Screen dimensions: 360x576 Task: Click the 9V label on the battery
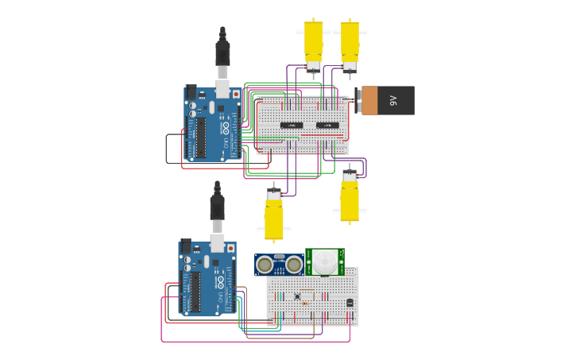click(x=393, y=101)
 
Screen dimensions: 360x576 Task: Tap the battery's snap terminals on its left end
click(x=359, y=100)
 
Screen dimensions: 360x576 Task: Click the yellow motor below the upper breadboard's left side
click(x=274, y=216)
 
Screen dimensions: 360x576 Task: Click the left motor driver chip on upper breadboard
click(x=291, y=125)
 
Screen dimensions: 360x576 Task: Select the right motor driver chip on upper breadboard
click(x=327, y=125)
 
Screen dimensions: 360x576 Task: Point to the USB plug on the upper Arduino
click(x=222, y=54)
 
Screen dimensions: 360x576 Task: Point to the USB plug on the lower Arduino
click(x=217, y=208)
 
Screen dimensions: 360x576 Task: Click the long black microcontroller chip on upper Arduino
click(x=201, y=137)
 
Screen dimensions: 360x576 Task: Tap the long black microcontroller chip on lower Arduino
click(x=195, y=292)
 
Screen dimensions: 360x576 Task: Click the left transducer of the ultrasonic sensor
click(x=264, y=265)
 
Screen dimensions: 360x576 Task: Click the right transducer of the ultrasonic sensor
click(x=294, y=265)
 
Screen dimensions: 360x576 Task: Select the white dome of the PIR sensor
click(x=324, y=261)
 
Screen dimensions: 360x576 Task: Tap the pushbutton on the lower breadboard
click(x=298, y=296)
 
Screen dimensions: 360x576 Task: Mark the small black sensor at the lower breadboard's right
click(x=350, y=302)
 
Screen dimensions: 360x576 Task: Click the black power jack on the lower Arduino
click(x=185, y=246)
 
